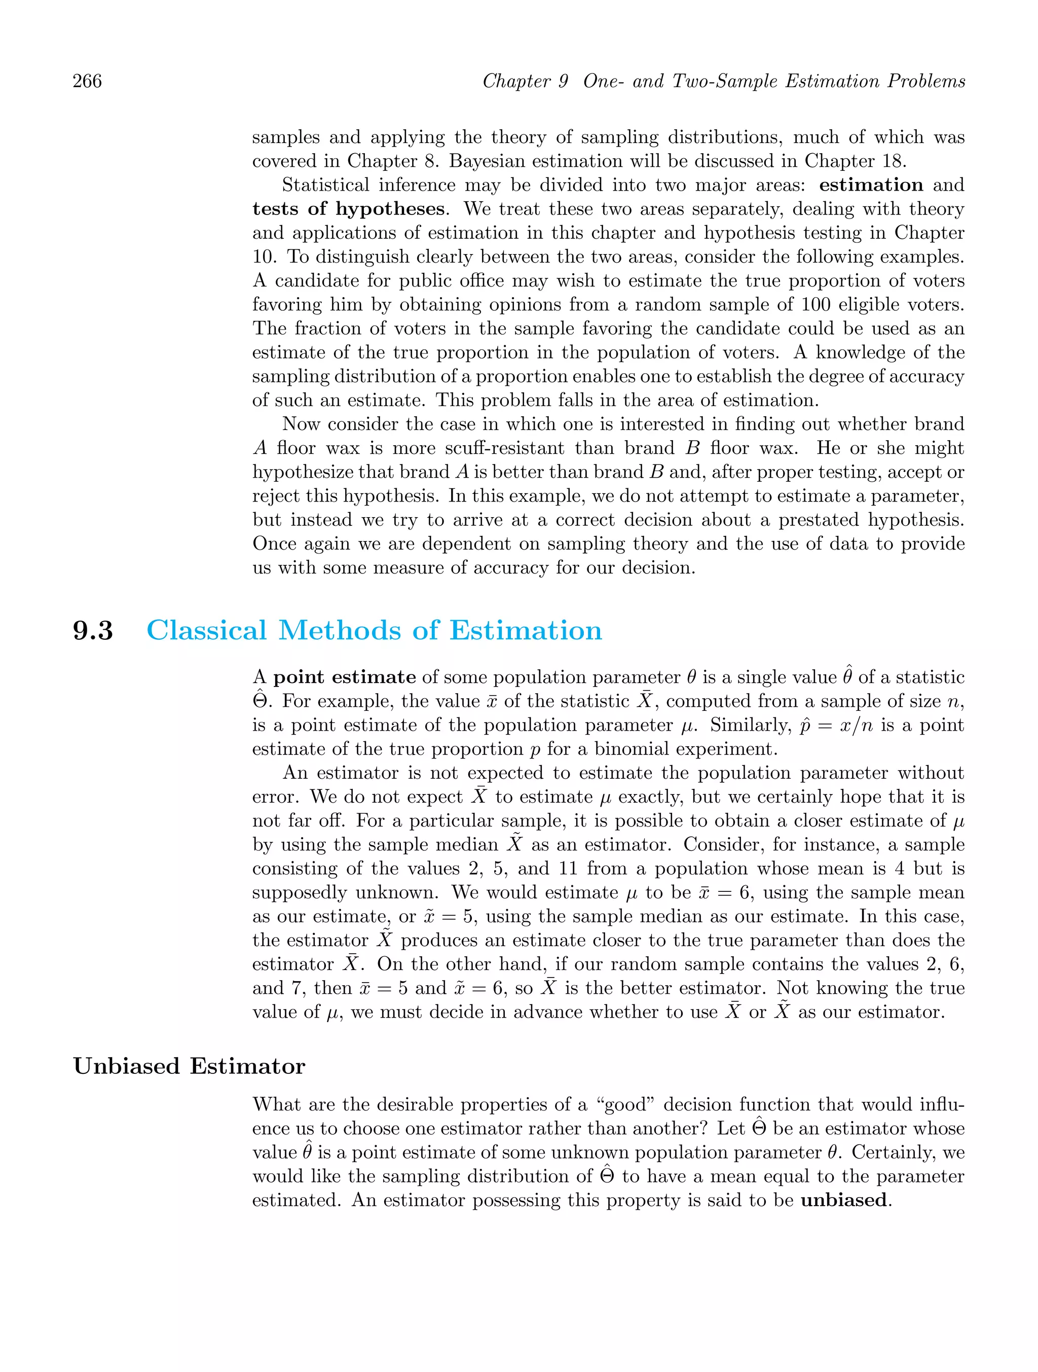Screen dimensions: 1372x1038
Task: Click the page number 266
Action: [88, 81]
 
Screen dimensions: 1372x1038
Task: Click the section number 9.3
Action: [93, 631]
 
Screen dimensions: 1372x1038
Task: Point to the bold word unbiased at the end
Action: [843, 1200]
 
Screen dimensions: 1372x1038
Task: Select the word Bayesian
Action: [487, 161]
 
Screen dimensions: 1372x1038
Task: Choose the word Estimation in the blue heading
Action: [526, 631]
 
